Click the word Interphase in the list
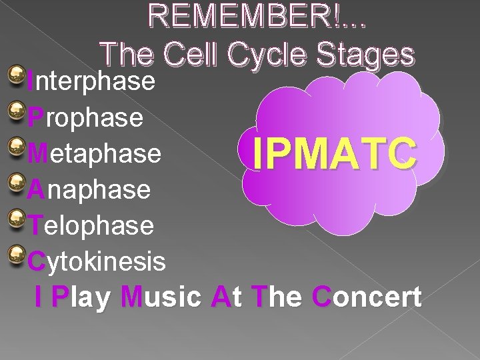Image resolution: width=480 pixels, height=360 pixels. pos(91,81)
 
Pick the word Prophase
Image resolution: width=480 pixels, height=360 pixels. pos(85,117)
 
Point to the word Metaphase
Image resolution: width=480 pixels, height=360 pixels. pos(95,153)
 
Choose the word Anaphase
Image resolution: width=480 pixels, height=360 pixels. pos(89,189)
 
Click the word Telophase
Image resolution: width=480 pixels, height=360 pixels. pos(91,225)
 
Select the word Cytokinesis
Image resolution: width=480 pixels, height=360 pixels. pos(97,261)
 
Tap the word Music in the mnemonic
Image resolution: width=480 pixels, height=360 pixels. pos(161,297)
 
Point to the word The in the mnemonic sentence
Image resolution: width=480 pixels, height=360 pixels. pos(277,297)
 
